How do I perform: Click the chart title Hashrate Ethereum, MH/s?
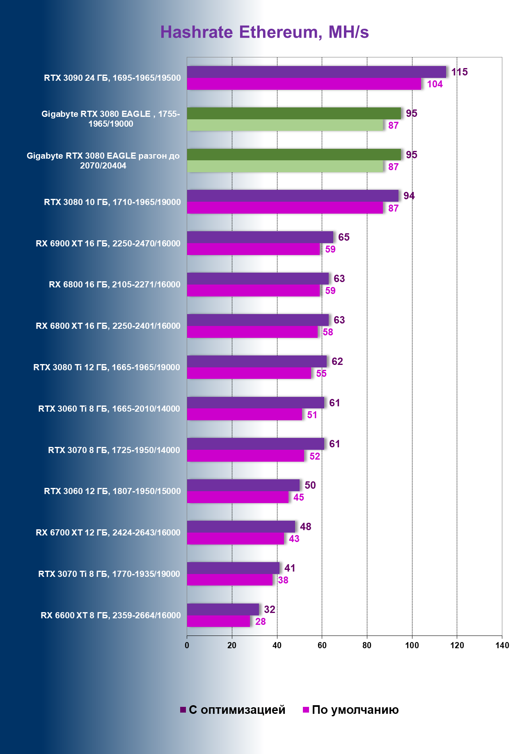[x=264, y=32]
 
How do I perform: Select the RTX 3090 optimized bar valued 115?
[x=316, y=72]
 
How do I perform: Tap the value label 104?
[x=435, y=84]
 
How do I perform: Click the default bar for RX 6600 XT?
[x=218, y=621]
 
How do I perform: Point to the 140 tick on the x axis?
[x=502, y=645]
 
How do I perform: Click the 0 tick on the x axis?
[x=187, y=645]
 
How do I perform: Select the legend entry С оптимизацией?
[x=233, y=710]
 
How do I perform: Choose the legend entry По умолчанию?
[x=351, y=710]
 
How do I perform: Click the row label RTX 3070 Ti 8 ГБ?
[x=109, y=574]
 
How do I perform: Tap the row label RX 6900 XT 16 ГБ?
[x=108, y=244]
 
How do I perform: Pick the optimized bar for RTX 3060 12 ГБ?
[x=243, y=485]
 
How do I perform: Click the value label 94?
[x=409, y=196]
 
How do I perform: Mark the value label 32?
[x=269, y=610]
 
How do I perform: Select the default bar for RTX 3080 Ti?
[x=249, y=373]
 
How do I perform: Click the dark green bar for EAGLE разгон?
[x=294, y=155]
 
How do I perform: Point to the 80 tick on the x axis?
[x=367, y=645]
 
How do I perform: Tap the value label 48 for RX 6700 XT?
[x=305, y=527]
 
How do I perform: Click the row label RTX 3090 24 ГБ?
[x=112, y=78]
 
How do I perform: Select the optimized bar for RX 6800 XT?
[x=258, y=320]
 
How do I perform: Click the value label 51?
[x=312, y=415]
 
